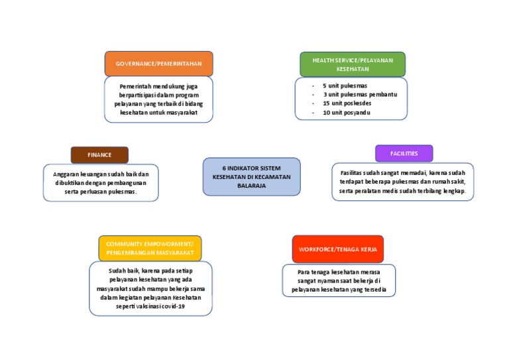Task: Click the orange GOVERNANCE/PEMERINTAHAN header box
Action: (158, 64)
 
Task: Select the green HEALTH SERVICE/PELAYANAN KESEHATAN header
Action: (353, 64)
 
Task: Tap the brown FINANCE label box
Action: (99, 154)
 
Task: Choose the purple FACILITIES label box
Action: (404, 153)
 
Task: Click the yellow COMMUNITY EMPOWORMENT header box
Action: (150, 248)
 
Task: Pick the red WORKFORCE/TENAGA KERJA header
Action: (338, 249)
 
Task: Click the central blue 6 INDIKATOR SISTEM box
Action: (251, 177)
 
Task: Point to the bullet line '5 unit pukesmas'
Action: (345, 86)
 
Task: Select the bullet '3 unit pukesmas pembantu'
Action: (360, 95)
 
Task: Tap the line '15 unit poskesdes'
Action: (347, 104)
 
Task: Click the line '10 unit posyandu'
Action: (346, 113)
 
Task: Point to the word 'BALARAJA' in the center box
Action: (251, 186)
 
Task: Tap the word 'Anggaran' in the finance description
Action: (66, 174)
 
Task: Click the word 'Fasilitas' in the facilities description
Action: (347, 172)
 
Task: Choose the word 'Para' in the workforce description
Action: (304, 272)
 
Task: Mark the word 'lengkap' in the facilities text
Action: (454, 191)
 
